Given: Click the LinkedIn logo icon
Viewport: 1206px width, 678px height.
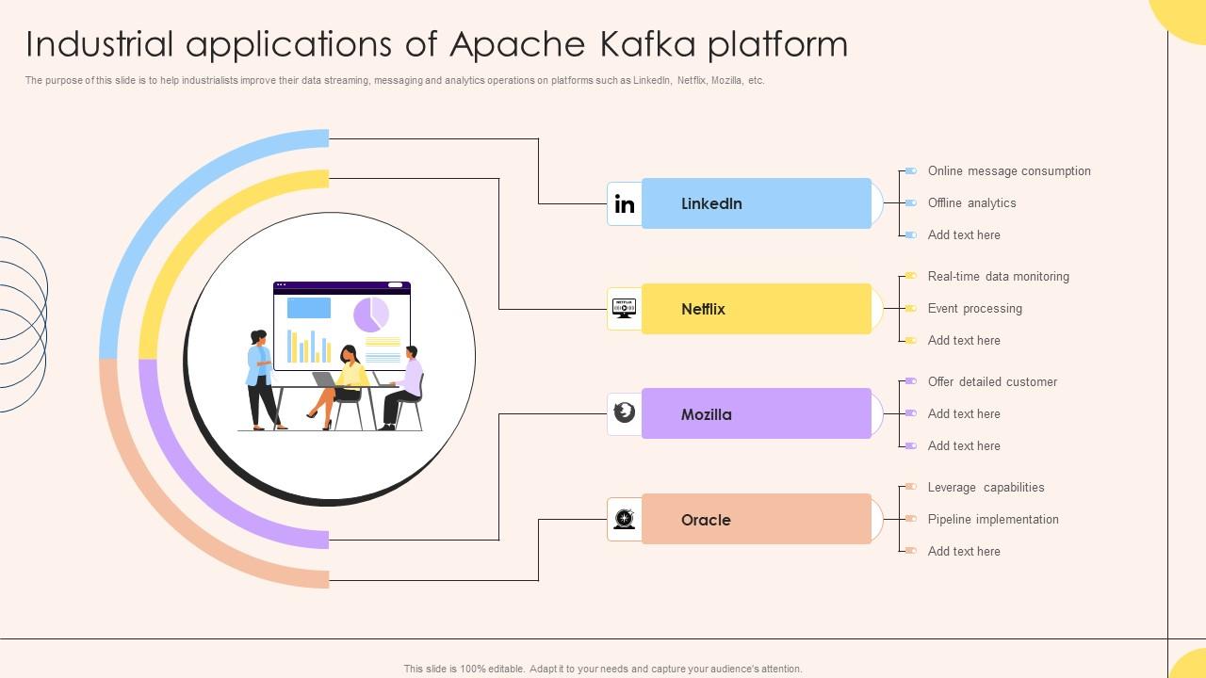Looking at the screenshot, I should point(624,204).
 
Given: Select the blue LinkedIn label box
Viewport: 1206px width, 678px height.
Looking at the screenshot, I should point(756,203).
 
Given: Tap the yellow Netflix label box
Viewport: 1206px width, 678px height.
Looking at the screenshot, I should point(756,309).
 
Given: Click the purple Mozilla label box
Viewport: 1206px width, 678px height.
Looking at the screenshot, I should point(756,414).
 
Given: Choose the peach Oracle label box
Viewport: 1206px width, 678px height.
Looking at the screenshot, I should point(756,520).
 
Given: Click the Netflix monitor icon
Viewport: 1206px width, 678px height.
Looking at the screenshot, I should point(624,308).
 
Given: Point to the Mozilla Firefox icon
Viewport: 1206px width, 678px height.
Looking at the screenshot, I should point(624,412).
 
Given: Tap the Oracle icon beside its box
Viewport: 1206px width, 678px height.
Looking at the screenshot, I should point(624,519).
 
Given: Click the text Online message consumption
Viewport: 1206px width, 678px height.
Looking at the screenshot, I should point(1009,171).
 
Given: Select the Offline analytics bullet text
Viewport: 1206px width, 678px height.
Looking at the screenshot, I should point(971,203).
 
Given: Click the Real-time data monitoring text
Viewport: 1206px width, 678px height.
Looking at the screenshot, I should point(998,277).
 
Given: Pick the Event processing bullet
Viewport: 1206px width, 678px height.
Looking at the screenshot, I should point(974,309).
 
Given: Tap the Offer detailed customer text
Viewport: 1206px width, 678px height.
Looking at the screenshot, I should point(992,382).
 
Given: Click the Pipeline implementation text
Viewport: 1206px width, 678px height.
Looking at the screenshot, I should point(993,520).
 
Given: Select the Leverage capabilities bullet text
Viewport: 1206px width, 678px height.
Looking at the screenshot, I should point(986,488).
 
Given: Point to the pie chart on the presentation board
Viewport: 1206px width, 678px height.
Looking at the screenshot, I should point(371,315).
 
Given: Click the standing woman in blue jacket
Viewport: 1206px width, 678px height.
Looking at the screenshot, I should point(260,377).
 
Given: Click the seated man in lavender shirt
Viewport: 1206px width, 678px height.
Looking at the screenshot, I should point(406,386).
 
